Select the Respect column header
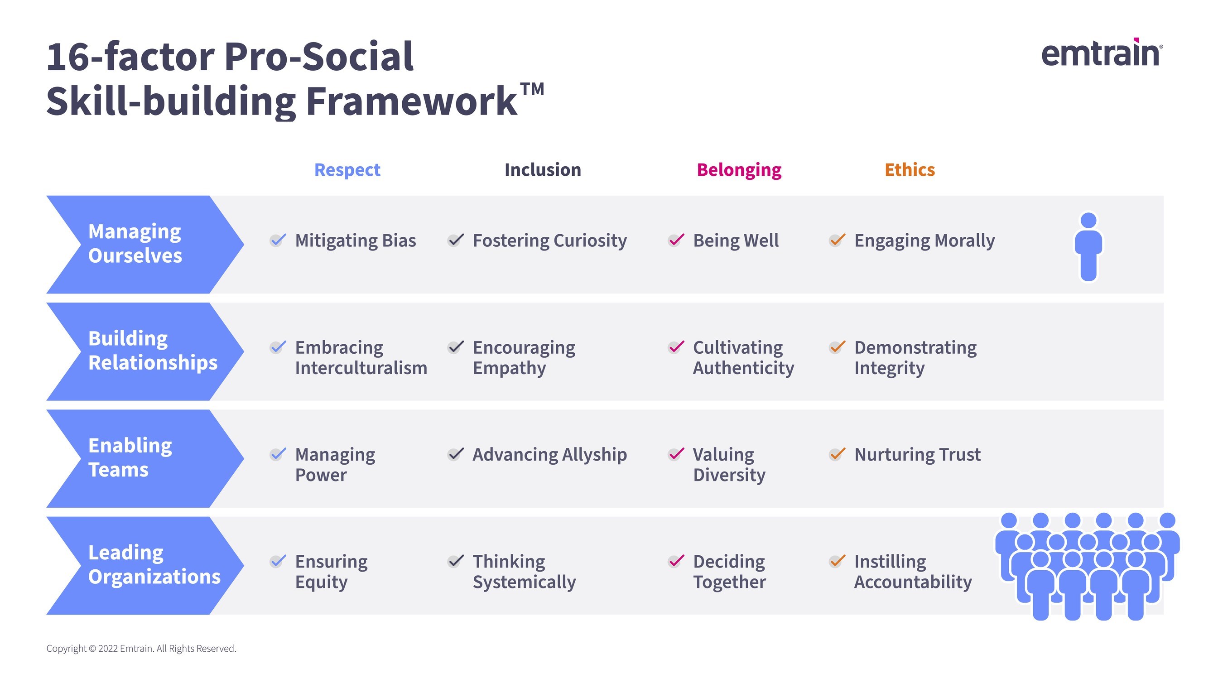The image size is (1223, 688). pos(347,170)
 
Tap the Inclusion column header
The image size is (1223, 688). pos(543,170)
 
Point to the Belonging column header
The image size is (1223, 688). pos(739,170)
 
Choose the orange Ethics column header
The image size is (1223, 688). pos(909,170)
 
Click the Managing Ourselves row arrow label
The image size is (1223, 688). pos(135,244)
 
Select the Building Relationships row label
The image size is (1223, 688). pos(152,351)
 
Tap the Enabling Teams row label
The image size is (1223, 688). pos(130,458)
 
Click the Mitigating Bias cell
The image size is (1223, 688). pos(355,241)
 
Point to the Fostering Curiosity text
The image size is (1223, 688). pos(549,241)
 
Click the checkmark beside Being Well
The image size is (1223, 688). pos(676,240)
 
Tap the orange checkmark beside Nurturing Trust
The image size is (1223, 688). pos(837,454)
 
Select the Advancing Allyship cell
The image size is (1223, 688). pos(549,455)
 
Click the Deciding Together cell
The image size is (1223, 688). pos(729,572)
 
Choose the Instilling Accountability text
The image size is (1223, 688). pos(913,572)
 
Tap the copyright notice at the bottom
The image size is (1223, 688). pos(141,649)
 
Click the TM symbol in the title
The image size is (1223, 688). pos(532,89)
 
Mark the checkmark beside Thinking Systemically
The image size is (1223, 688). pos(455,561)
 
